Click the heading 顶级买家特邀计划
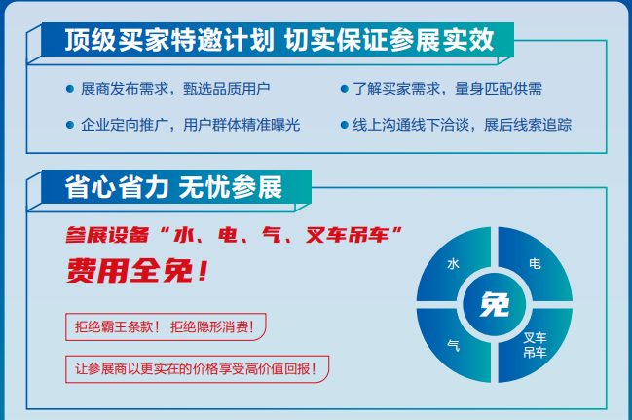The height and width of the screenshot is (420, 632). [x=169, y=40]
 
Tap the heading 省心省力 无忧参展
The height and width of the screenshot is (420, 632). [x=173, y=187]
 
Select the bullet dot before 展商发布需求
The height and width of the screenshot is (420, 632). [x=70, y=89]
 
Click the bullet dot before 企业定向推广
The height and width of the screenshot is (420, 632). [x=70, y=125]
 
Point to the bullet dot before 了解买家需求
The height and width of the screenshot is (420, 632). [x=344, y=89]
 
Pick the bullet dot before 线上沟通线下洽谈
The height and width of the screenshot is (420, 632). [x=344, y=125]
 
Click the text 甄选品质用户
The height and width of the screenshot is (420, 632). [x=227, y=89]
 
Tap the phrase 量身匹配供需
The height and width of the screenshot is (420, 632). [x=499, y=89]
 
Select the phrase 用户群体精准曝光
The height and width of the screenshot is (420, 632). [x=242, y=125]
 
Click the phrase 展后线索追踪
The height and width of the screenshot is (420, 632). [x=528, y=125]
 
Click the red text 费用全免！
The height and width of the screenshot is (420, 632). [x=137, y=271]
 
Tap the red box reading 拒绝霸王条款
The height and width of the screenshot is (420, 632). [x=166, y=326]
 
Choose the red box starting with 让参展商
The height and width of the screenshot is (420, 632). [x=197, y=369]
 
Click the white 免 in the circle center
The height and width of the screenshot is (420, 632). [x=495, y=305]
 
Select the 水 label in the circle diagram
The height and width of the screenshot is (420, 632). [x=453, y=264]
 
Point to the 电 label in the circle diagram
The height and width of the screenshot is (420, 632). [x=535, y=264]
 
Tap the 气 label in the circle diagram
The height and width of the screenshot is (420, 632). [x=453, y=345]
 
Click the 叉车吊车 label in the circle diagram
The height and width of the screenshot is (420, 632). [x=535, y=345]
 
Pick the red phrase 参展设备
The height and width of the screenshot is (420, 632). [x=108, y=235]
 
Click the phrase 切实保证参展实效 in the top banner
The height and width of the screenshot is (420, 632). [x=389, y=40]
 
